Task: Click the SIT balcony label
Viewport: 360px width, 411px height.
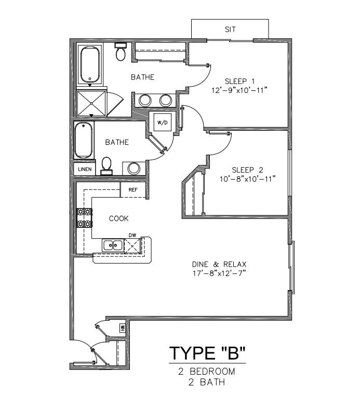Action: click(x=230, y=30)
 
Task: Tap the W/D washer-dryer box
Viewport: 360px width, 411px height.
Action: click(x=163, y=122)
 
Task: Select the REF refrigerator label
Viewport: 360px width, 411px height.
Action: click(x=133, y=189)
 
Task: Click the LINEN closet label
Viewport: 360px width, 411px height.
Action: click(x=85, y=169)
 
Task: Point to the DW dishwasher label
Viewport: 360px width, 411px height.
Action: click(x=132, y=235)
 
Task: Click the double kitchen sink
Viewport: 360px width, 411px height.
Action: click(x=113, y=245)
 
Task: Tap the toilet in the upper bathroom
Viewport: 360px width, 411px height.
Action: click(x=121, y=52)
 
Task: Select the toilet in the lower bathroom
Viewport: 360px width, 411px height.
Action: click(x=106, y=166)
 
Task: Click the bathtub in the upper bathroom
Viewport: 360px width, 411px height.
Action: click(x=90, y=65)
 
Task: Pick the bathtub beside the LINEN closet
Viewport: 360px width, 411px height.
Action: click(x=84, y=140)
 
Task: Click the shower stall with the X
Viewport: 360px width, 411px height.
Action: click(x=91, y=103)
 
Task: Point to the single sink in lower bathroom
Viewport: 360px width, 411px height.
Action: click(x=134, y=168)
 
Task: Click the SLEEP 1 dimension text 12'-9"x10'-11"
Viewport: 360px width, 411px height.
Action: click(x=239, y=90)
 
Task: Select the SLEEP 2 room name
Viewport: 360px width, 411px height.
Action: click(x=247, y=170)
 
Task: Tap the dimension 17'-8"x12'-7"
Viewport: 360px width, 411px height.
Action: click(x=219, y=273)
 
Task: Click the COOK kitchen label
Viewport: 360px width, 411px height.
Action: click(x=119, y=218)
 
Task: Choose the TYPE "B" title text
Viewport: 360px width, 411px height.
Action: click(x=207, y=353)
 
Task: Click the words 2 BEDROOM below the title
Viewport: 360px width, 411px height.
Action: click(x=207, y=372)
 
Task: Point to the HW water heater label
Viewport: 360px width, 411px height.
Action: click(x=123, y=327)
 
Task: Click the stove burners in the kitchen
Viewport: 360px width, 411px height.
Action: click(x=84, y=218)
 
